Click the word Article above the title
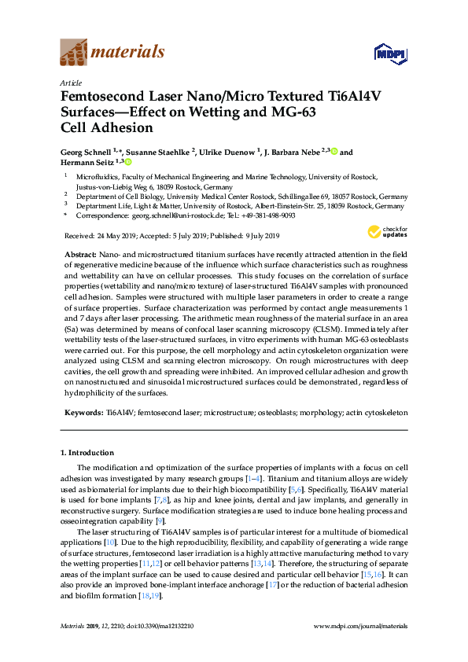[x=70, y=81]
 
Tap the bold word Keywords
[x=82, y=411]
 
